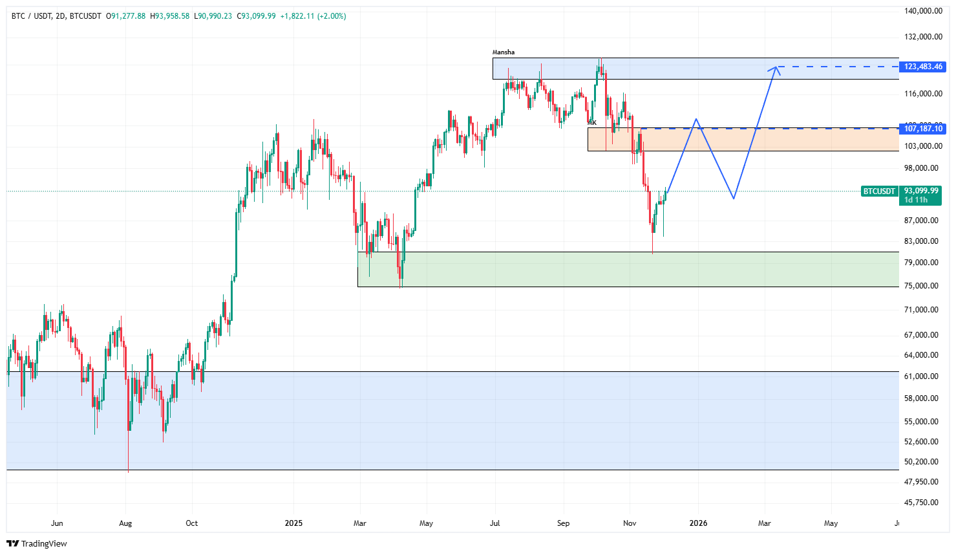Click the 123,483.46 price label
tap(923, 67)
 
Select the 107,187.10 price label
tap(923, 129)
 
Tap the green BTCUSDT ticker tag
tap(879, 191)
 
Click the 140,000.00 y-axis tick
tap(923, 11)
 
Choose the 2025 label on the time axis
tap(293, 523)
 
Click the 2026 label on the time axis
tap(698, 523)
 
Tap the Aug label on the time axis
tap(125, 523)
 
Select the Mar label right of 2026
tap(764, 523)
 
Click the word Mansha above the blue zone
tap(504, 52)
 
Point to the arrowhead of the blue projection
tap(775, 68)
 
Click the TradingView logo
tap(37, 543)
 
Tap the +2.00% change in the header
tap(332, 16)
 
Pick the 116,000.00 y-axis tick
tap(923, 94)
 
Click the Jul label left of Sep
tap(495, 523)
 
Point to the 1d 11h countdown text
tap(916, 201)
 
